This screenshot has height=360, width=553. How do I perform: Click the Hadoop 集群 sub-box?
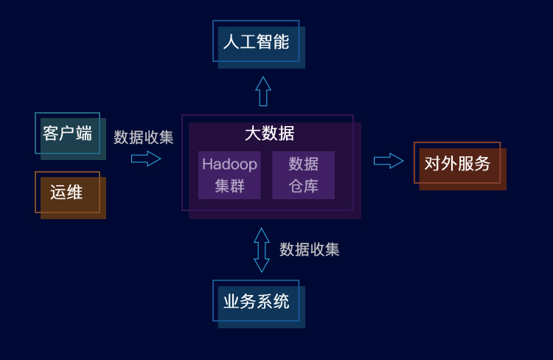[x=229, y=175]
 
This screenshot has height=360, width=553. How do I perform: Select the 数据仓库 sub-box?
[x=303, y=175]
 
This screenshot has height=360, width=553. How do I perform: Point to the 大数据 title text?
[x=269, y=134]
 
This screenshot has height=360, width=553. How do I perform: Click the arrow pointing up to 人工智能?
[x=262, y=91]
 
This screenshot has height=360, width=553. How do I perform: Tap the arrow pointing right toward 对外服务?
[x=389, y=161]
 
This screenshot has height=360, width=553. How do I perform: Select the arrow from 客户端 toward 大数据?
[x=146, y=159]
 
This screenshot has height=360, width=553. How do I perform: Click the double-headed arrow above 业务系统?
[x=262, y=249]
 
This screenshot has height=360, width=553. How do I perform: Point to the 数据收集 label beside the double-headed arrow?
[x=310, y=249]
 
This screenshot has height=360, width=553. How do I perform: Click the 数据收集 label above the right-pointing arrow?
[x=144, y=137]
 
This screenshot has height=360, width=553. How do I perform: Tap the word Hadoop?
[x=229, y=164]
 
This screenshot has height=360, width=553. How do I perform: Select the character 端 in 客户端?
[x=84, y=134]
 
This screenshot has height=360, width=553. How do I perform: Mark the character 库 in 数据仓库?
[x=311, y=185]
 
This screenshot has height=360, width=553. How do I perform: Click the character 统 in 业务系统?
[x=281, y=301]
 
